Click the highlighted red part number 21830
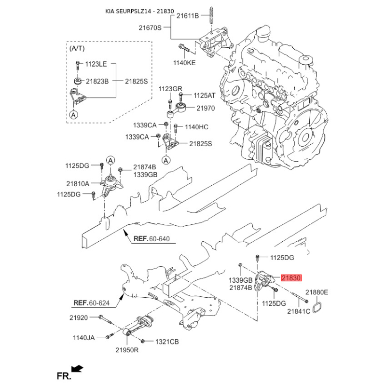click(x=291, y=278)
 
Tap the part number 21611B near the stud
click(x=187, y=16)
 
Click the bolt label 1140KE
click(x=184, y=62)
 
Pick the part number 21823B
click(x=98, y=81)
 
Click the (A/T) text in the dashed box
click(x=77, y=49)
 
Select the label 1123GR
click(x=170, y=89)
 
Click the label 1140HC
click(x=197, y=127)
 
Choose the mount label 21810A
click(x=78, y=183)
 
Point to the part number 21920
click(x=78, y=317)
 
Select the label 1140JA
click(x=84, y=337)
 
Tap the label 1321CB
click(x=167, y=342)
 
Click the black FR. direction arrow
click(x=77, y=369)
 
